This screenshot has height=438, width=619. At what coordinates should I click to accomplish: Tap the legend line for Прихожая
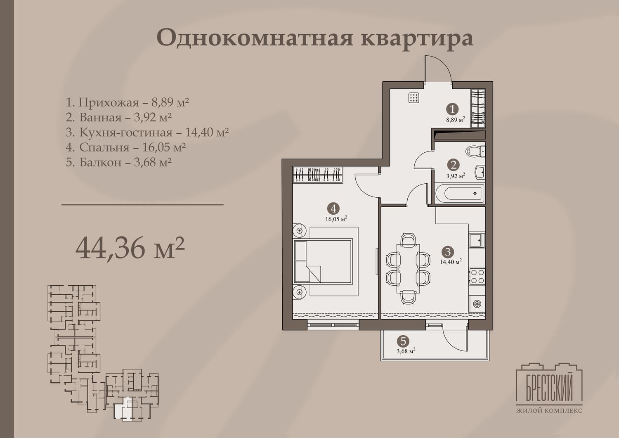tap(128, 102)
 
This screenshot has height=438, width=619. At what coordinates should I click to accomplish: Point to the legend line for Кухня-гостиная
tap(147, 132)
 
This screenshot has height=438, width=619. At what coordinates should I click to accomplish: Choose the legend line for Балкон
tap(119, 162)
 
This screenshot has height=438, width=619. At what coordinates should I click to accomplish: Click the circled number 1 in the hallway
tap(452, 109)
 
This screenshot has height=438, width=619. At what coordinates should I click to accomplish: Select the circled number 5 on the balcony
tap(403, 341)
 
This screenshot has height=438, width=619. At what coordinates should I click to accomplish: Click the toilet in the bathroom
tap(475, 152)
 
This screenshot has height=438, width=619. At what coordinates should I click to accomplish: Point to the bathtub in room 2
tap(460, 194)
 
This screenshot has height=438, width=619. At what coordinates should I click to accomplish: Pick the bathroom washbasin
tap(480, 172)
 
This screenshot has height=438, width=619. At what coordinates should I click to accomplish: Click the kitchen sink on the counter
tap(477, 240)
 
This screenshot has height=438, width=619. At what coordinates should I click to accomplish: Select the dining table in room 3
tap(408, 268)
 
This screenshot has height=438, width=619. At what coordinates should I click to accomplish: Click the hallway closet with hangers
tap(478, 109)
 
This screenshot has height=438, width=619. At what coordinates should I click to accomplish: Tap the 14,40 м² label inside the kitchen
tap(451, 262)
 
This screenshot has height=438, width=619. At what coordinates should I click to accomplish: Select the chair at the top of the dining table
tap(408, 239)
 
